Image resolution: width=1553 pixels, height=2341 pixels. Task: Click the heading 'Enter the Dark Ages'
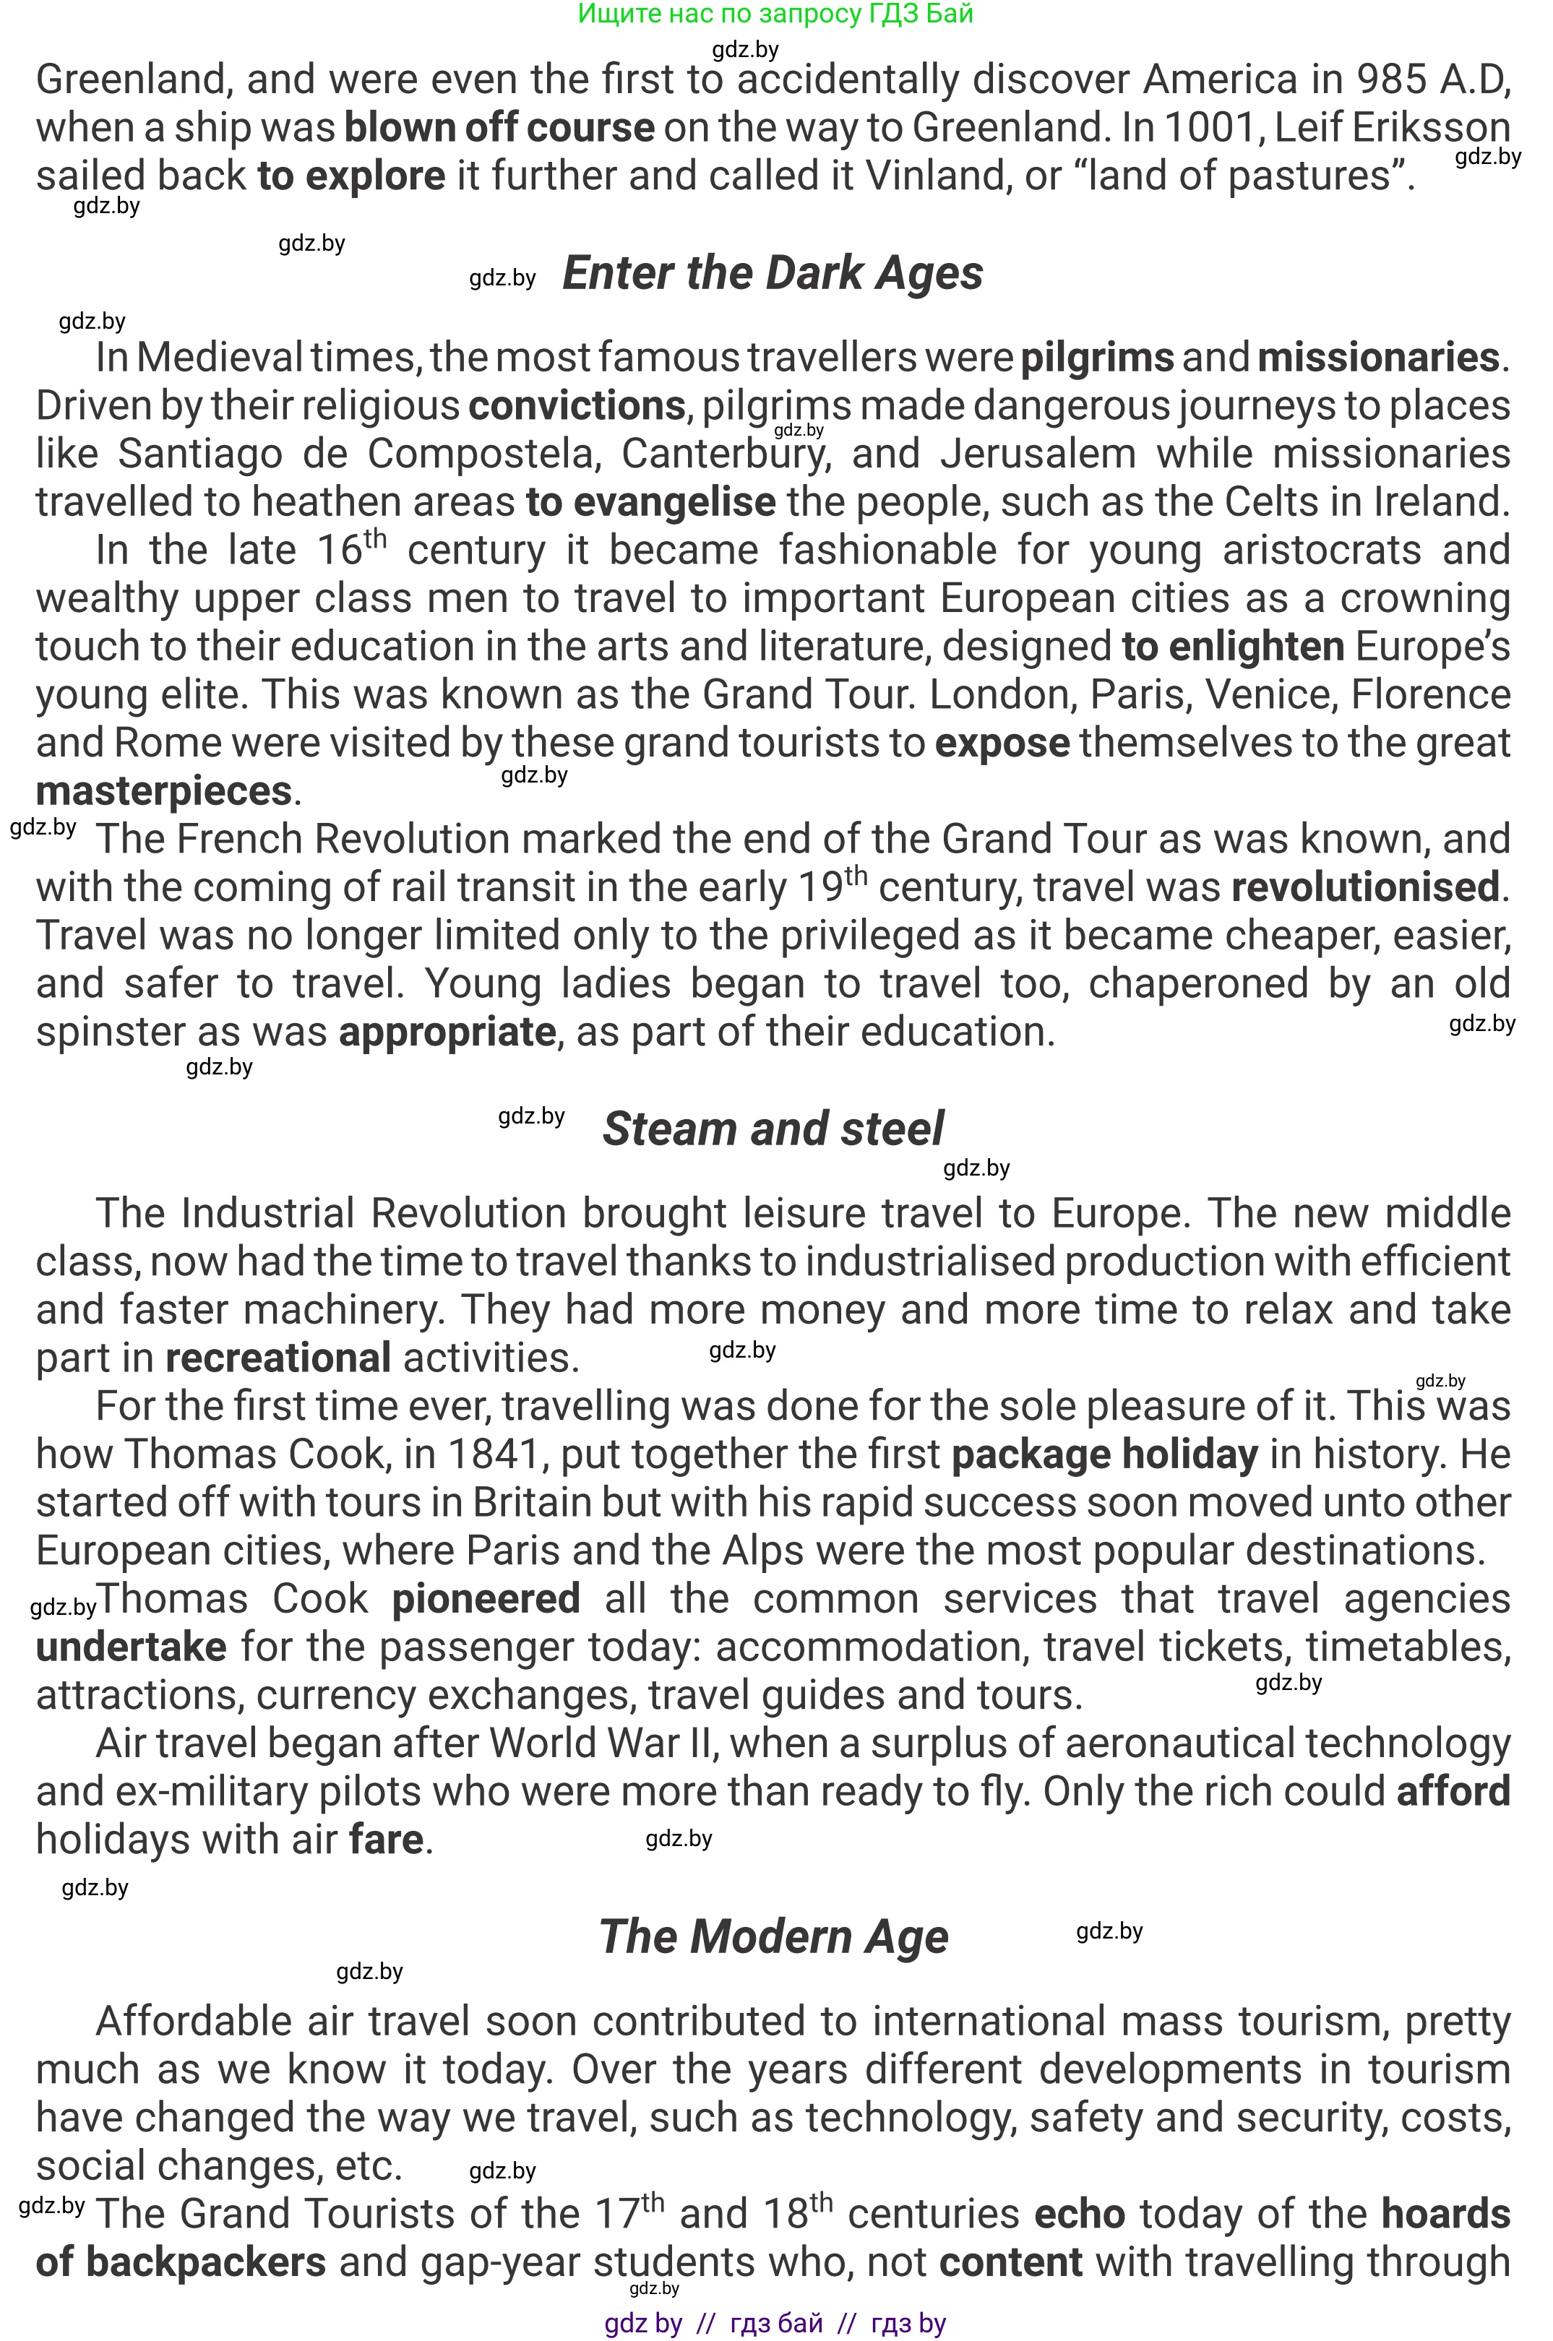click(x=773, y=275)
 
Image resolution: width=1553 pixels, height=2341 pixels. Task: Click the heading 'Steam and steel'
click(x=773, y=1129)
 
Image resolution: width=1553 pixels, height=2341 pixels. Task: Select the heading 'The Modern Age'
click(x=773, y=1937)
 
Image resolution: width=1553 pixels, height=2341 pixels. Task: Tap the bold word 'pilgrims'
click(x=1096, y=358)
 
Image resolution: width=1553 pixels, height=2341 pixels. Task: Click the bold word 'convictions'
click(x=577, y=406)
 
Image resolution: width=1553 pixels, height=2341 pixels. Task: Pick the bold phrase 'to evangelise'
click(x=650, y=502)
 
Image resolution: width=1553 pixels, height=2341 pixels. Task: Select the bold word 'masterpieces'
click(x=163, y=791)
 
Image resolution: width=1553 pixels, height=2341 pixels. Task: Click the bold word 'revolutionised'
click(x=1365, y=887)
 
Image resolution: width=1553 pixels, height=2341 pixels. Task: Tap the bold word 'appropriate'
click(x=447, y=1032)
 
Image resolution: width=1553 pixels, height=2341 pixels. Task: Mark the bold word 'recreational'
click(x=278, y=1358)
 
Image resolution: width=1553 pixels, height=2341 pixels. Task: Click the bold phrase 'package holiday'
click(x=1104, y=1454)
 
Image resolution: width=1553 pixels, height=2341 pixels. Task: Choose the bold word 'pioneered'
click(x=486, y=1599)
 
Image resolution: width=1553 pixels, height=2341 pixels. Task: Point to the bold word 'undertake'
click(x=131, y=1647)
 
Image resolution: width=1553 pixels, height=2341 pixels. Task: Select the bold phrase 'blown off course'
click(x=499, y=128)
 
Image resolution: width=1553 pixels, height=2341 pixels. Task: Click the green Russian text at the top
click(x=775, y=14)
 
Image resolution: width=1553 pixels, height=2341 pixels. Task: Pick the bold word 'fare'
click(x=387, y=1840)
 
